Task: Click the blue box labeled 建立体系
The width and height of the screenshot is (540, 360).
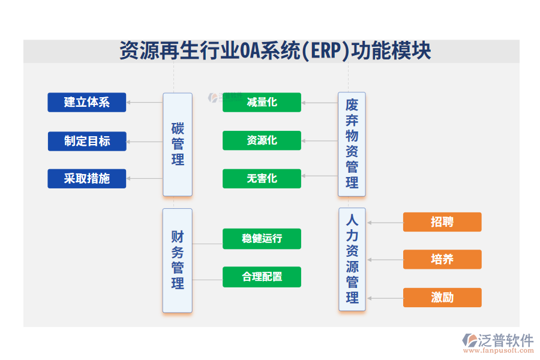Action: [87, 103]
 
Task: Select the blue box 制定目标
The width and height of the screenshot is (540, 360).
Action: [87, 142]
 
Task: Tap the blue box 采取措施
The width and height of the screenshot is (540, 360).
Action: [87, 179]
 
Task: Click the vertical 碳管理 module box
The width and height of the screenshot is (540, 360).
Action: [178, 145]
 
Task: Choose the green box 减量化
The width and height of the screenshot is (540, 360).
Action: [262, 103]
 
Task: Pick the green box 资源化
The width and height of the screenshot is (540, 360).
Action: [262, 140]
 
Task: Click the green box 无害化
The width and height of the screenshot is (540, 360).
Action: [262, 179]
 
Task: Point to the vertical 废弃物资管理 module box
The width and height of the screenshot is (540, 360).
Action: [352, 145]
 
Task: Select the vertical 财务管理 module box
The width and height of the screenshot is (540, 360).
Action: [178, 260]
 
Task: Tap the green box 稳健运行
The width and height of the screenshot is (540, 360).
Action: [262, 239]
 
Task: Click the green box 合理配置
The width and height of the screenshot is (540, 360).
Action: [262, 277]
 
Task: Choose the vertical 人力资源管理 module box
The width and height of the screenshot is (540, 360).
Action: [352, 259]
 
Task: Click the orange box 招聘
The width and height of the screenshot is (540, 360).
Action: [442, 222]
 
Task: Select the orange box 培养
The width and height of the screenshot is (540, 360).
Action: [442, 260]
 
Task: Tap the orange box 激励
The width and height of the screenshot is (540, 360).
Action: [442, 298]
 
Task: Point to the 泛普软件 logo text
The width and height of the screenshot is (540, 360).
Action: [505, 340]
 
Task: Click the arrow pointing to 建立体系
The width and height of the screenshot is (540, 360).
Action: [145, 103]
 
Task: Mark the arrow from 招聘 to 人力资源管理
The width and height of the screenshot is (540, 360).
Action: [385, 223]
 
